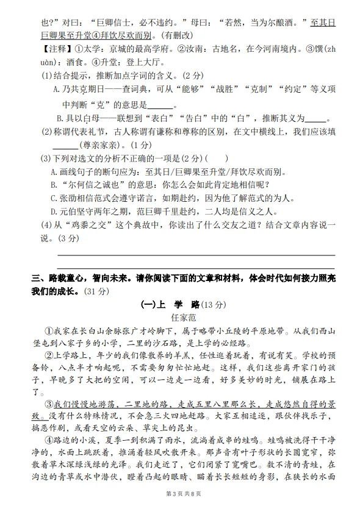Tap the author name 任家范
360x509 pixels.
pyautogui.click(x=182, y=318)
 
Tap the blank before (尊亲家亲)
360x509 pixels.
pyautogui.click(x=65, y=145)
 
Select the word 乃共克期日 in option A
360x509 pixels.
pyautogui.click(x=85, y=90)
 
